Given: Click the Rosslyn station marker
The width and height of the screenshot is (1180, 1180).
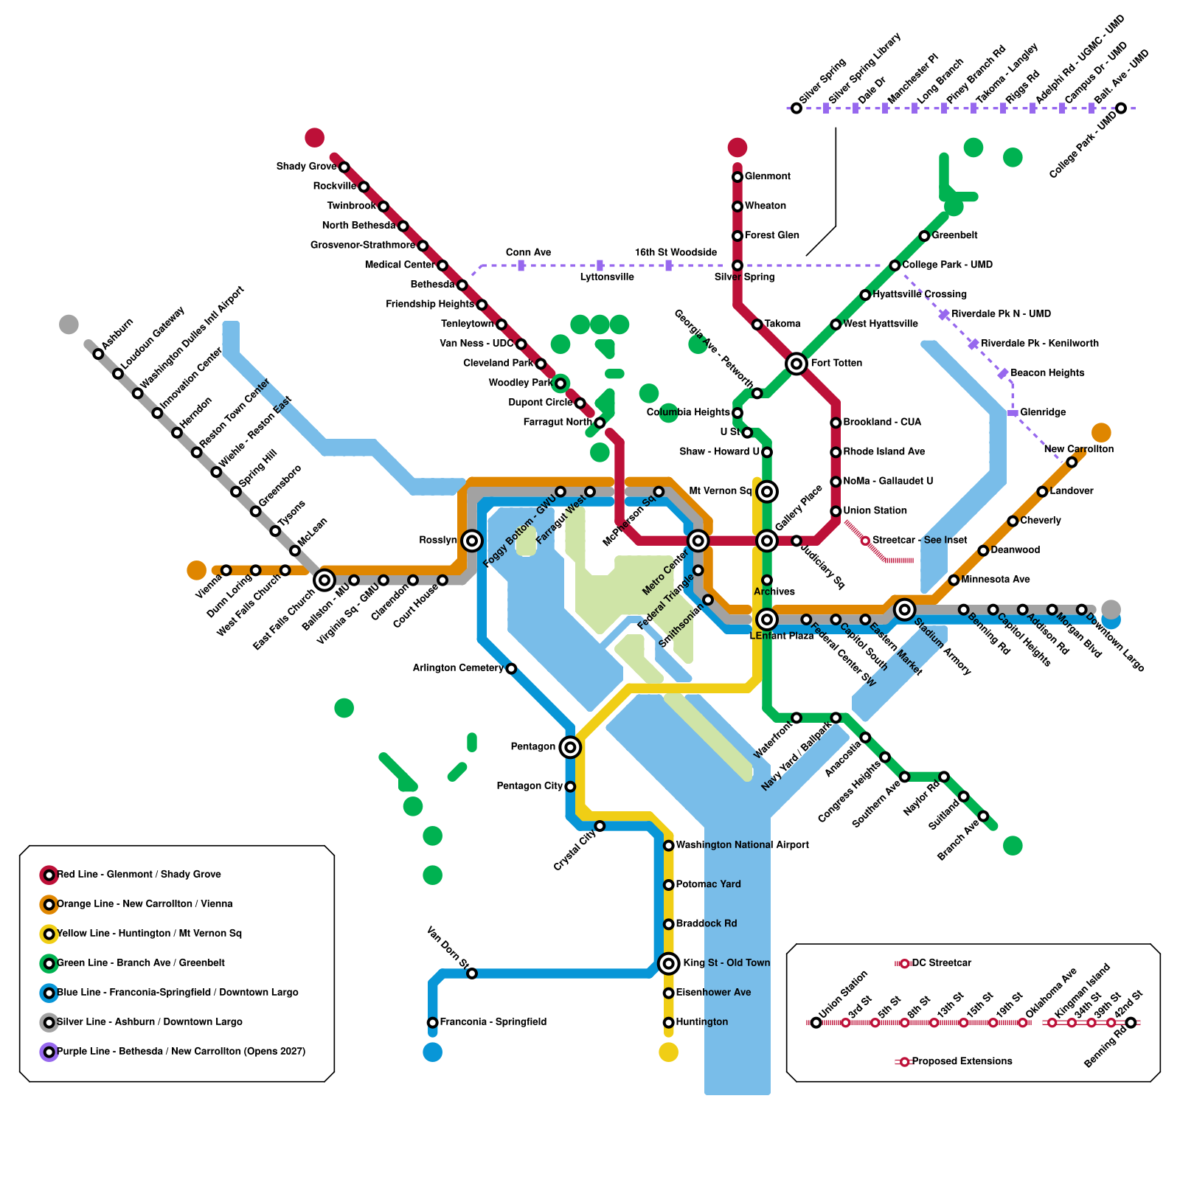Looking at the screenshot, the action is [x=472, y=541].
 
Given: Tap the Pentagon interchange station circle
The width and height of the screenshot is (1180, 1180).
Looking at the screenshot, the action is [x=569, y=747].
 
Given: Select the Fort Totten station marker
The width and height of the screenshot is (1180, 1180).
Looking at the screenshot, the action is [x=796, y=363].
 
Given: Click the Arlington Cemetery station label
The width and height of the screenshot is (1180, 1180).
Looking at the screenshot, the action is [x=457, y=668].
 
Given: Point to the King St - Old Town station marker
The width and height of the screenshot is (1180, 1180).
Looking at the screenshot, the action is [x=668, y=962].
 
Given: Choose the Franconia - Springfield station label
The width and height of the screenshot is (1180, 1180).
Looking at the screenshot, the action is [x=493, y=1022].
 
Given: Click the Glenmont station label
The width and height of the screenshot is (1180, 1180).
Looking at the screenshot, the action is [x=767, y=176].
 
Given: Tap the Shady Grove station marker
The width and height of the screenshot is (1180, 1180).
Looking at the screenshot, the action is [x=344, y=167].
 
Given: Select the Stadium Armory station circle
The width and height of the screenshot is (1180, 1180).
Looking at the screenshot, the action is [x=904, y=609].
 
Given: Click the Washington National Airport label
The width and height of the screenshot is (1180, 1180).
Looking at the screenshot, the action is [x=742, y=845].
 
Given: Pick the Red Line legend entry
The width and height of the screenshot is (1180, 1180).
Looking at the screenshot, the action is [x=139, y=875].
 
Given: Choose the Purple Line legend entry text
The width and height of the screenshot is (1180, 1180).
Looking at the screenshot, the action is [x=181, y=1052].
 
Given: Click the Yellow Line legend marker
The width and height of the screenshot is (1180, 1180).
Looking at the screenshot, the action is [x=49, y=934].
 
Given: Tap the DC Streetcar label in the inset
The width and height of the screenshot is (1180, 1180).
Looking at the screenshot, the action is [x=941, y=963].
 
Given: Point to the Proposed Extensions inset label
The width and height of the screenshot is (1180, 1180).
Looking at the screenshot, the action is [x=962, y=1061].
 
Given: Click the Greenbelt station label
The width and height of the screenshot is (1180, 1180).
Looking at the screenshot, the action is [x=954, y=235].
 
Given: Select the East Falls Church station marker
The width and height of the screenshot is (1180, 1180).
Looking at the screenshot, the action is [x=324, y=580].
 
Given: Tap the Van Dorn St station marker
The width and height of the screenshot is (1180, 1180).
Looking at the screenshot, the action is [x=472, y=974].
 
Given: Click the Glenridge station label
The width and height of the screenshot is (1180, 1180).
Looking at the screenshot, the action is [x=1043, y=412].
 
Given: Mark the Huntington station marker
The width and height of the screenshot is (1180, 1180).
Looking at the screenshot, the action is [x=668, y=1022].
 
